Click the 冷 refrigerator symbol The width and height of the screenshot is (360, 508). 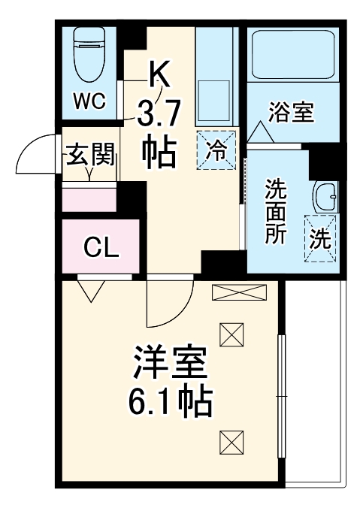216,148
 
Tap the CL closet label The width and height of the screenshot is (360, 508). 101,246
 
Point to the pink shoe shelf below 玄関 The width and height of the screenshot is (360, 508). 89,198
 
